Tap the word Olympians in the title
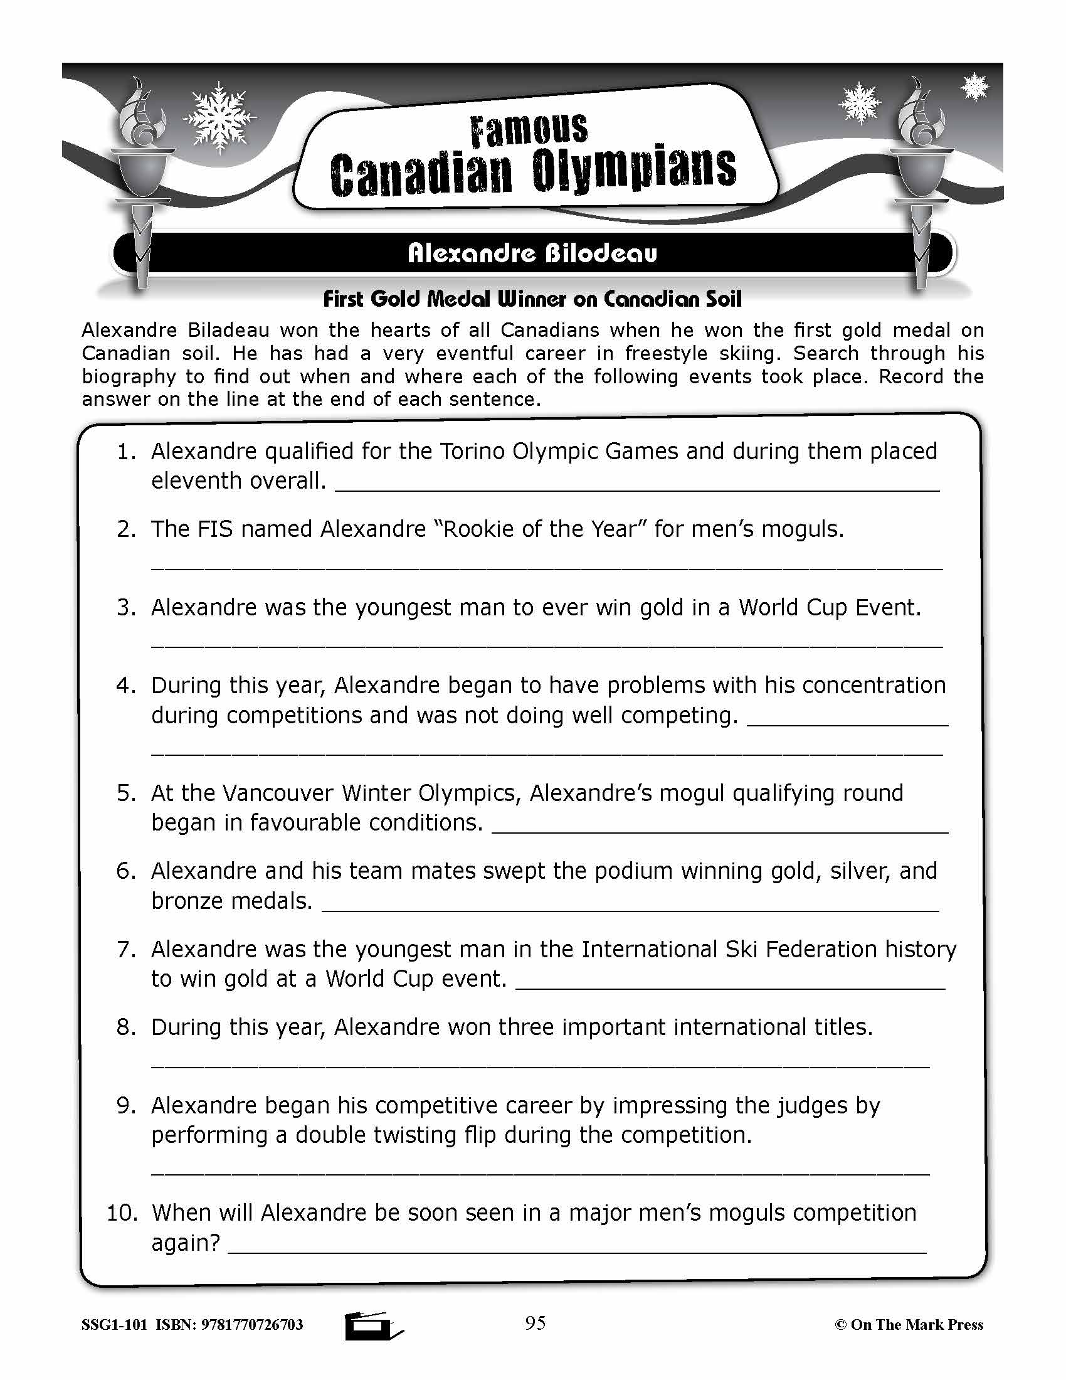coord(633,169)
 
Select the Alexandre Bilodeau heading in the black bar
coord(532,253)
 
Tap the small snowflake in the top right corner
coord(974,87)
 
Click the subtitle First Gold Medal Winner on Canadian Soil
coord(532,299)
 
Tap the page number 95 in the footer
coord(535,1322)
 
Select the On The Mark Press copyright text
coord(909,1324)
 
